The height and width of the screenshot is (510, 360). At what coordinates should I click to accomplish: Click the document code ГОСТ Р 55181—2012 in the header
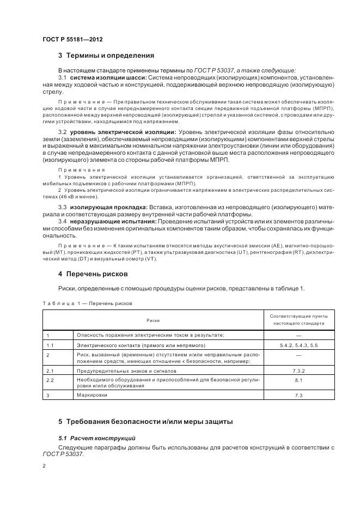(x=72, y=40)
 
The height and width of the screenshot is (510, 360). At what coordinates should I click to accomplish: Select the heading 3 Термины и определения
(x=106, y=56)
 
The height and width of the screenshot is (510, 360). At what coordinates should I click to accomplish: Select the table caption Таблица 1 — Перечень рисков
(x=87, y=303)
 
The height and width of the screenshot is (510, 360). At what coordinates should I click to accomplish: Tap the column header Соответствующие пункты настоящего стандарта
(x=298, y=320)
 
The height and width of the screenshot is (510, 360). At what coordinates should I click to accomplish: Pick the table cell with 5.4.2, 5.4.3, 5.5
(x=298, y=345)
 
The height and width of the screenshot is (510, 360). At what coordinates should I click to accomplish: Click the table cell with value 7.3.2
(x=298, y=370)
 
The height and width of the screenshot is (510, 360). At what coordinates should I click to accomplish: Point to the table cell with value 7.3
(x=298, y=395)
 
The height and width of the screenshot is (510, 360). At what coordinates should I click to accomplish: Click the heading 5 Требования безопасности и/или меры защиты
(x=145, y=421)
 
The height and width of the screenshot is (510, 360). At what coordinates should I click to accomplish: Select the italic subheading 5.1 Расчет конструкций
(x=97, y=438)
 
